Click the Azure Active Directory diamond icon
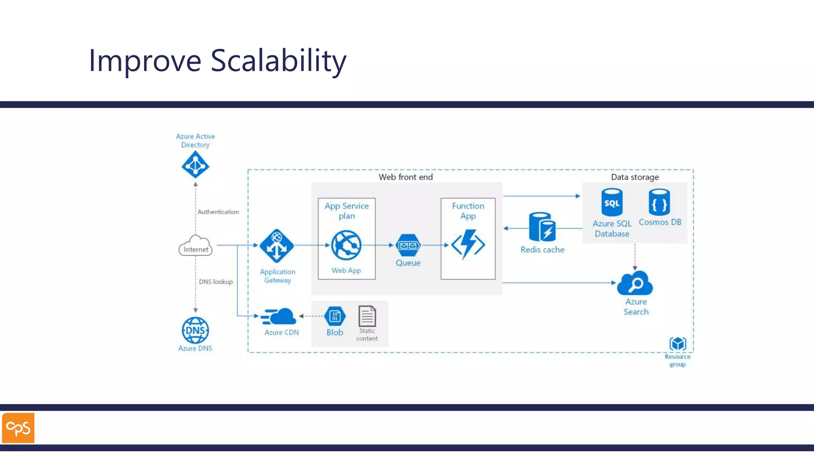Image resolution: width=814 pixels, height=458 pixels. pyautogui.click(x=195, y=165)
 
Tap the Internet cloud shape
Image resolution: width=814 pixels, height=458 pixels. pyautogui.click(x=195, y=246)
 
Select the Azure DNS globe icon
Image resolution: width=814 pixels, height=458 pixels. pyautogui.click(x=195, y=330)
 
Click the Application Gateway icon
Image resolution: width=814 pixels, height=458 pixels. pyautogui.click(x=277, y=246)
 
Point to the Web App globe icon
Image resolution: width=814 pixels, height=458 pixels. pyautogui.click(x=346, y=245)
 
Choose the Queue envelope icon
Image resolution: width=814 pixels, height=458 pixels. pyautogui.click(x=408, y=245)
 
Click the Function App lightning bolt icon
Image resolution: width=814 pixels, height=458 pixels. pyautogui.click(x=468, y=245)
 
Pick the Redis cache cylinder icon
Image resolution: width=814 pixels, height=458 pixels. pyautogui.click(x=542, y=227)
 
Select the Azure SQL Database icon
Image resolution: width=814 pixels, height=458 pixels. pyautogui.click(x=612, y=202)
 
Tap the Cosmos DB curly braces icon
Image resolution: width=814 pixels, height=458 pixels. pyautogui.click(x=659, y=202)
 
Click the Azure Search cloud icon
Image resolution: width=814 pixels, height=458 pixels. pyautogui.click(x=635, y=283)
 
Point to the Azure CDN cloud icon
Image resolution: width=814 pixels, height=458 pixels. pyautogui.click(x=279, y=317)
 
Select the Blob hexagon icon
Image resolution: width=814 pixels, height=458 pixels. pyautogui.click(x=335, y=316)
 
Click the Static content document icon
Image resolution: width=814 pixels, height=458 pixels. pyautogui.click(x=367, y=316)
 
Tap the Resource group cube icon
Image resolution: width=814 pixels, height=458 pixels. pyautogui.click(x=677, y=343)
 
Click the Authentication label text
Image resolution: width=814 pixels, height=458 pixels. pyautogui.click(x=218, y=212)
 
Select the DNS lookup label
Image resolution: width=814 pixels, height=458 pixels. pyautogui.click(x=216, y=281)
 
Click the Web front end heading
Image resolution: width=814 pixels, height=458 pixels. pyautogui.click(x=405, y=177)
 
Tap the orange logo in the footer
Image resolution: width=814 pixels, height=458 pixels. pyautogui.click(x=18, y=428)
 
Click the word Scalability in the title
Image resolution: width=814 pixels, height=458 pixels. pyautogui.click(x=278, y=60)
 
